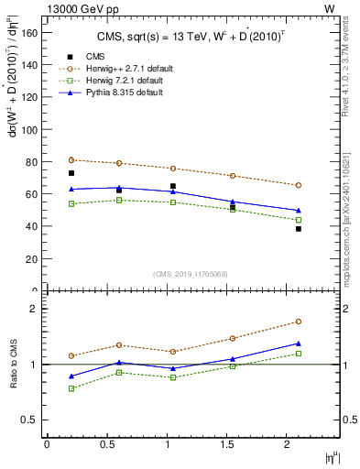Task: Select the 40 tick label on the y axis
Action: pyautogui.click(x=30, y=226)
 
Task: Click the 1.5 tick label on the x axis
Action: pyautogui.click(x=228, y=444)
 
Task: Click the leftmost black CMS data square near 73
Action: pyautogui.click(x=71, y=173)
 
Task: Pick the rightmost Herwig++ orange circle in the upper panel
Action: pyautogui.click(x=299, y=185)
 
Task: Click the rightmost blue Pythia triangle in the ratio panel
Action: pyautogui.click(x=299, y=344)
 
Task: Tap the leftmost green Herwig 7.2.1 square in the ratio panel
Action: pyautogui.click(x=71, y=388)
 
